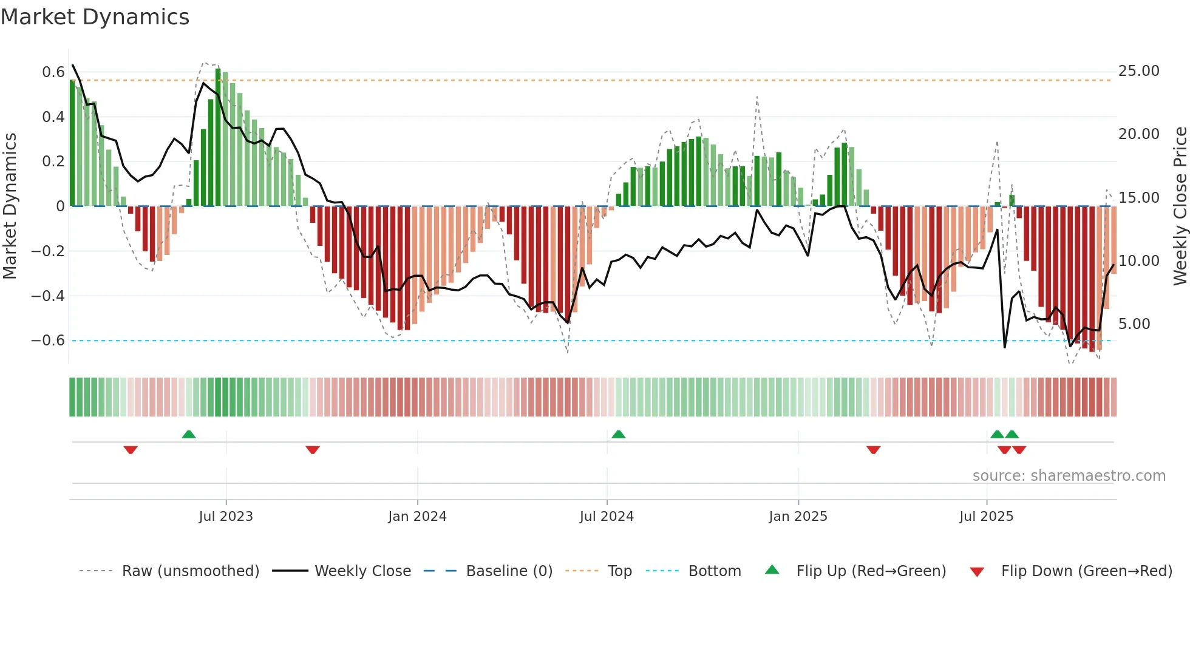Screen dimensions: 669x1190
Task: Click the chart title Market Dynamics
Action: coord(95,17)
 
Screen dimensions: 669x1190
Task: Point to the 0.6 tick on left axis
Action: coord(53,72)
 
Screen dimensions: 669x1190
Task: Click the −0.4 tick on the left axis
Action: coord(48,296)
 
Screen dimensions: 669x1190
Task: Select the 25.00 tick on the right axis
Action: coord(1138,71)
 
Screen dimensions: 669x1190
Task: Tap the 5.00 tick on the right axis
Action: coord(1134,324)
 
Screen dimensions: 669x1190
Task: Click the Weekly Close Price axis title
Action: coord(1180,206)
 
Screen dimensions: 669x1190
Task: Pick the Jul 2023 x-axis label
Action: coord(226,517)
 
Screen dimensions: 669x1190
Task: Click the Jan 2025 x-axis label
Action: coord(798,517)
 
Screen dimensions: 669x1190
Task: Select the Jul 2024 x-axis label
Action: coord(607,517)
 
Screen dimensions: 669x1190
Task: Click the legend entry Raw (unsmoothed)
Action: coord(190,571)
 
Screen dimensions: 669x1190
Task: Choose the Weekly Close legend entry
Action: coord(362,571)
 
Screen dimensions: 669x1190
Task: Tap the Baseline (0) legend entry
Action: coord(509,571)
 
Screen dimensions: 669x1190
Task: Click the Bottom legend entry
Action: coord(714,571)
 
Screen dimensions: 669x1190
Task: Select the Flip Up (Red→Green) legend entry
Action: coord(871,571)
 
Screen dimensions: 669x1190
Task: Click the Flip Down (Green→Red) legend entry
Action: coord(1086,571)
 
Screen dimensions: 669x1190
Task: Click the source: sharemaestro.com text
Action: coord(1069,476)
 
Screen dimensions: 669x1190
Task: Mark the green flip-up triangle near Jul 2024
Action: coord(618,434)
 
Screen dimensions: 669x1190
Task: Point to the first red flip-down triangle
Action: coord(131,450)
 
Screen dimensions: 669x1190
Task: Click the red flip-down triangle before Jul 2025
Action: coord(873,450)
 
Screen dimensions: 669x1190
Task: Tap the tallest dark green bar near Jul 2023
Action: coord(218,137)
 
